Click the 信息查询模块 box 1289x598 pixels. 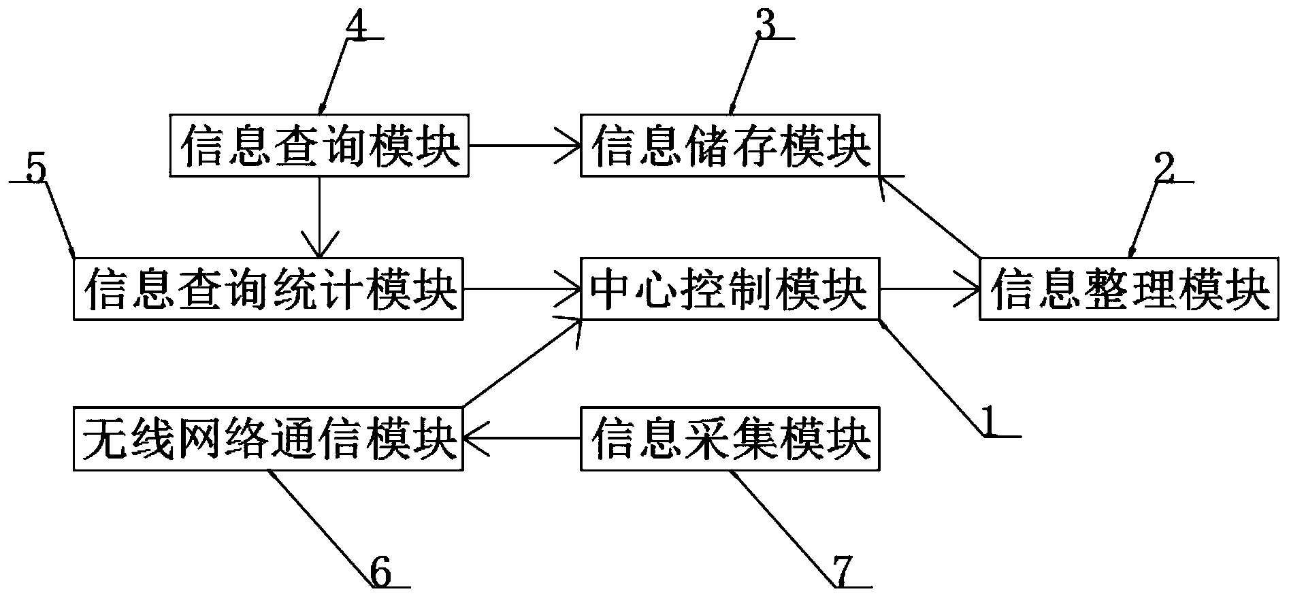319,146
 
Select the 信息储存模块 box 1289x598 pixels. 730,146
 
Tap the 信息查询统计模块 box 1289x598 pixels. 268,288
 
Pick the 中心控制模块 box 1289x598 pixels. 730,288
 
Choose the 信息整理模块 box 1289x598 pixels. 1128,288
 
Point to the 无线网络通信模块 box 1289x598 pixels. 268,439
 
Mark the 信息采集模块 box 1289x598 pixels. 730,439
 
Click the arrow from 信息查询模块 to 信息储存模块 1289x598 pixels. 524,146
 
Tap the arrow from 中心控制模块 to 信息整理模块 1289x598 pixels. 929,288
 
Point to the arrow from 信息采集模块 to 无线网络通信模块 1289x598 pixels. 521,439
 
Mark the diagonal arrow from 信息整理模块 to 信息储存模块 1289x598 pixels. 929,218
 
